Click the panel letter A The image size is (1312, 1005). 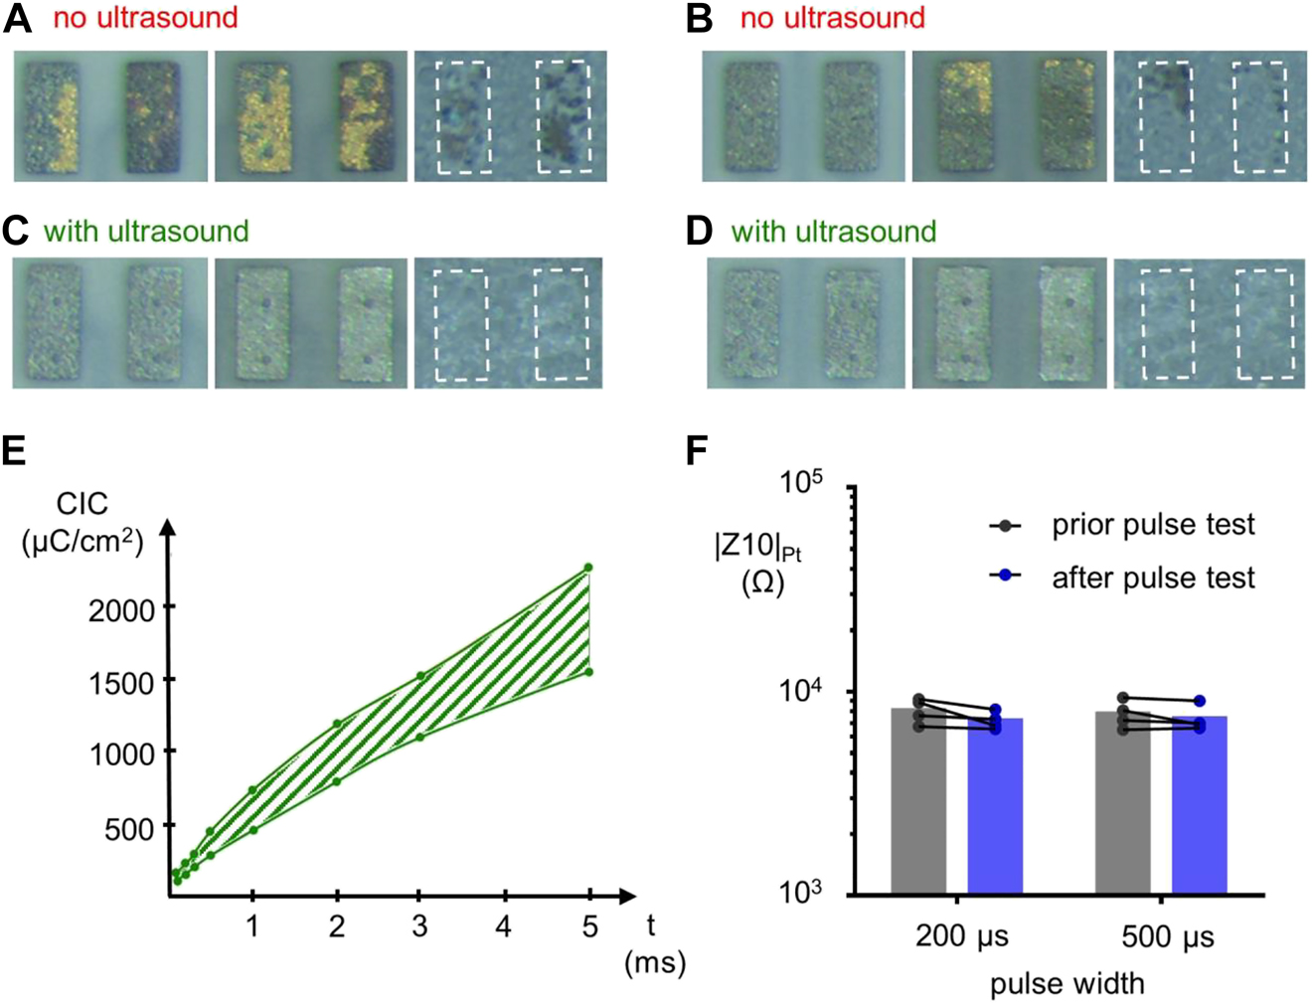click(17, 19)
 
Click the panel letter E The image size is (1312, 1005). click(14, 451)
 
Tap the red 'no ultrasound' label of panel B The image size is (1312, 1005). click(832, 18)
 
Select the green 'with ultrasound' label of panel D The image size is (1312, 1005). click(833, 232)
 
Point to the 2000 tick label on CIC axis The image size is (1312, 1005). click(121, 609)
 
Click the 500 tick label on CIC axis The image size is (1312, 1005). click(129, 828)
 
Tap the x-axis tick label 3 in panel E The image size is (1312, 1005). click(419, 926)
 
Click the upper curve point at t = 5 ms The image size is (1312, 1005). click(588, 568)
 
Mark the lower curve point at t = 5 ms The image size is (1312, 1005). click(588, 672)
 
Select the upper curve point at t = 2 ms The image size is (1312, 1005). click(337, 724)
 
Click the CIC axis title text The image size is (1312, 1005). click(82, 505)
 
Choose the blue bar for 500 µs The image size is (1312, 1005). click(1199, 807)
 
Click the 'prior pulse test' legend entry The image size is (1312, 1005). click(1152, 525)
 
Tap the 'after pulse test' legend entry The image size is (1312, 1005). click(1152, 578)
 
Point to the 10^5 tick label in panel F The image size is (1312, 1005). click(801, 484)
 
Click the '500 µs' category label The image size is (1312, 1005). click(1167, 936)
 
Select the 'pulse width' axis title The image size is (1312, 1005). click(1066, 983)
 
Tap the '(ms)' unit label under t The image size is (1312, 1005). click(654, 962)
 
